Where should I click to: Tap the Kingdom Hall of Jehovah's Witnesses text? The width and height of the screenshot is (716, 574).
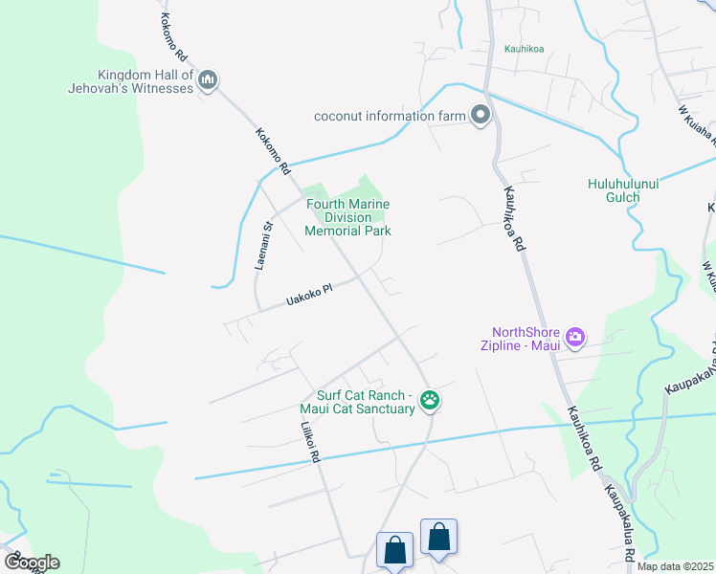[x=145, y=81]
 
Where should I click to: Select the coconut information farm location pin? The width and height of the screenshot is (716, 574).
[x=481, y=117]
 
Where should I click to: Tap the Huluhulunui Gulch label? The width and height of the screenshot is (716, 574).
[x=623, y=191]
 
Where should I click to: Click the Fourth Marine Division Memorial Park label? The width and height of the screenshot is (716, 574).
[x=347, y=217]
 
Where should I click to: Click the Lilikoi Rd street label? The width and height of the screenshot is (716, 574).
[x=308, y=443]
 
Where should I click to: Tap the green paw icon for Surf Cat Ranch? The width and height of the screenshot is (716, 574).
[x=430, y=401]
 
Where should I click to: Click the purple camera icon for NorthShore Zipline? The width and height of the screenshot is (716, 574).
[x=574, y=336]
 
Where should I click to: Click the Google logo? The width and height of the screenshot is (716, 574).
[x=32, y=562]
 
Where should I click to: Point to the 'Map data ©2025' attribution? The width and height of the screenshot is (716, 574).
[x=675, y=566]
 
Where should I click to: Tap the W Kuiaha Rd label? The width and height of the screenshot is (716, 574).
[x=696, y=121]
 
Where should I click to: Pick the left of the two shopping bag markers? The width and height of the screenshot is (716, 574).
[x=395, y=551]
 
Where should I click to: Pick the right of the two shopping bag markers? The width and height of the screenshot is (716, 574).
[x=438, y=538]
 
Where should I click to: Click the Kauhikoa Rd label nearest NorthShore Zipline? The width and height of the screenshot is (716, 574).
[x=582, y=435]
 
